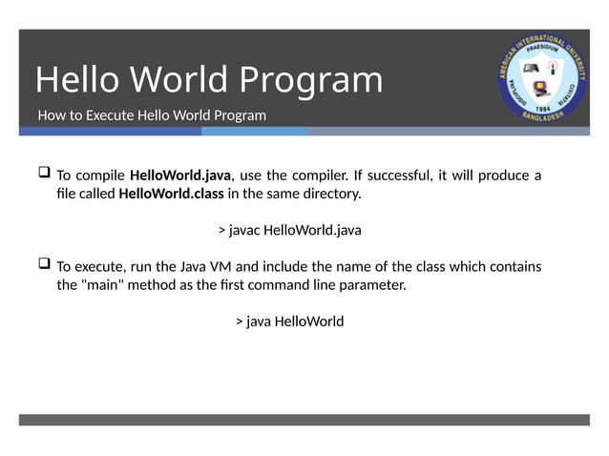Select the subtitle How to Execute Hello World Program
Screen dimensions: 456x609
tap(152, 115)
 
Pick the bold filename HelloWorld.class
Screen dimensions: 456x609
tap(171, 194)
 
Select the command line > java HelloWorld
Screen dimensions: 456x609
tap(289, 321)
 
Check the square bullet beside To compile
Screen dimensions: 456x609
tap(44, 174)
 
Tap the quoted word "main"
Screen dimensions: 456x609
tap(108, 284)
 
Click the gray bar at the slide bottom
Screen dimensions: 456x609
tap(304, 420)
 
